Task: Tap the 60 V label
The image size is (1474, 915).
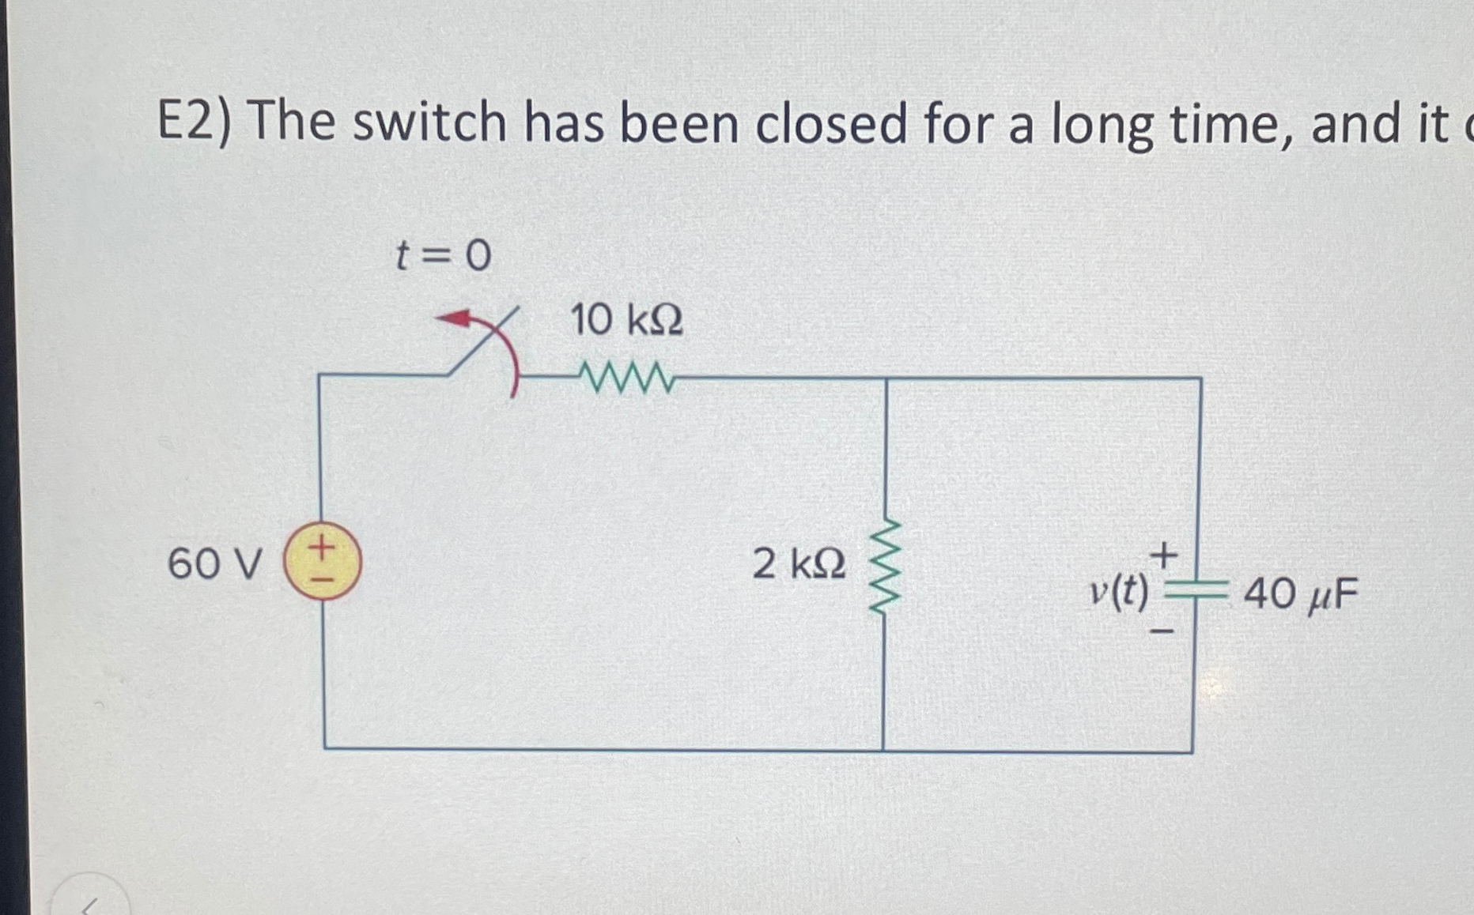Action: (x=214, y=564)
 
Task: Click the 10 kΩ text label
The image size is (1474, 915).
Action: (x=626, y=321)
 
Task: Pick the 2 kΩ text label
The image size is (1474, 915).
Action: (x=799, y=564)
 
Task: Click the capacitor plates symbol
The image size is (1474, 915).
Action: (x=1196, y=589)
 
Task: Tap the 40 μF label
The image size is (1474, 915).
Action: (x=1301, y=594)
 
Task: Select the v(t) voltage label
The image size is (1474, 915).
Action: (x=1119, y=591)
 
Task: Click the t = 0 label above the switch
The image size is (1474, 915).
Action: (x=443, y=255)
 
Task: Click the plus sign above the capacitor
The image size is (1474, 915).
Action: (x=1163, y=555)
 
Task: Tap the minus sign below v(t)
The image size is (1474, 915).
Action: (x=1162, y=631)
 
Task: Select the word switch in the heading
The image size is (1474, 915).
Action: (x=429, y=124)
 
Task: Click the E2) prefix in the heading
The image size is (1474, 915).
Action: (x=194, y=124)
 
